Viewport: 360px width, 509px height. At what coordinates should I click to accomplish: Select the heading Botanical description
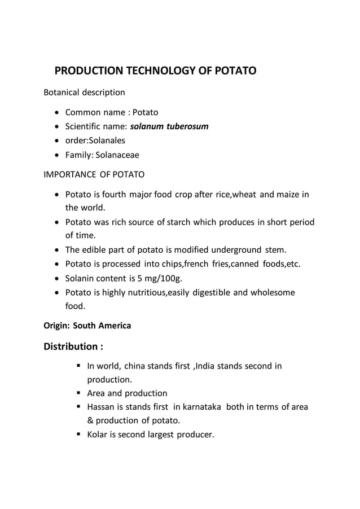(84, 92)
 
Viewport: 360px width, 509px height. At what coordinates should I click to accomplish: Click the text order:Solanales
(95, 140)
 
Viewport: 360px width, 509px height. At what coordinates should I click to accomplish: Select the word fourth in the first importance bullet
(111, 195)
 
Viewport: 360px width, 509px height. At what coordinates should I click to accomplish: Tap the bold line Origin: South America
(87, 326)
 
